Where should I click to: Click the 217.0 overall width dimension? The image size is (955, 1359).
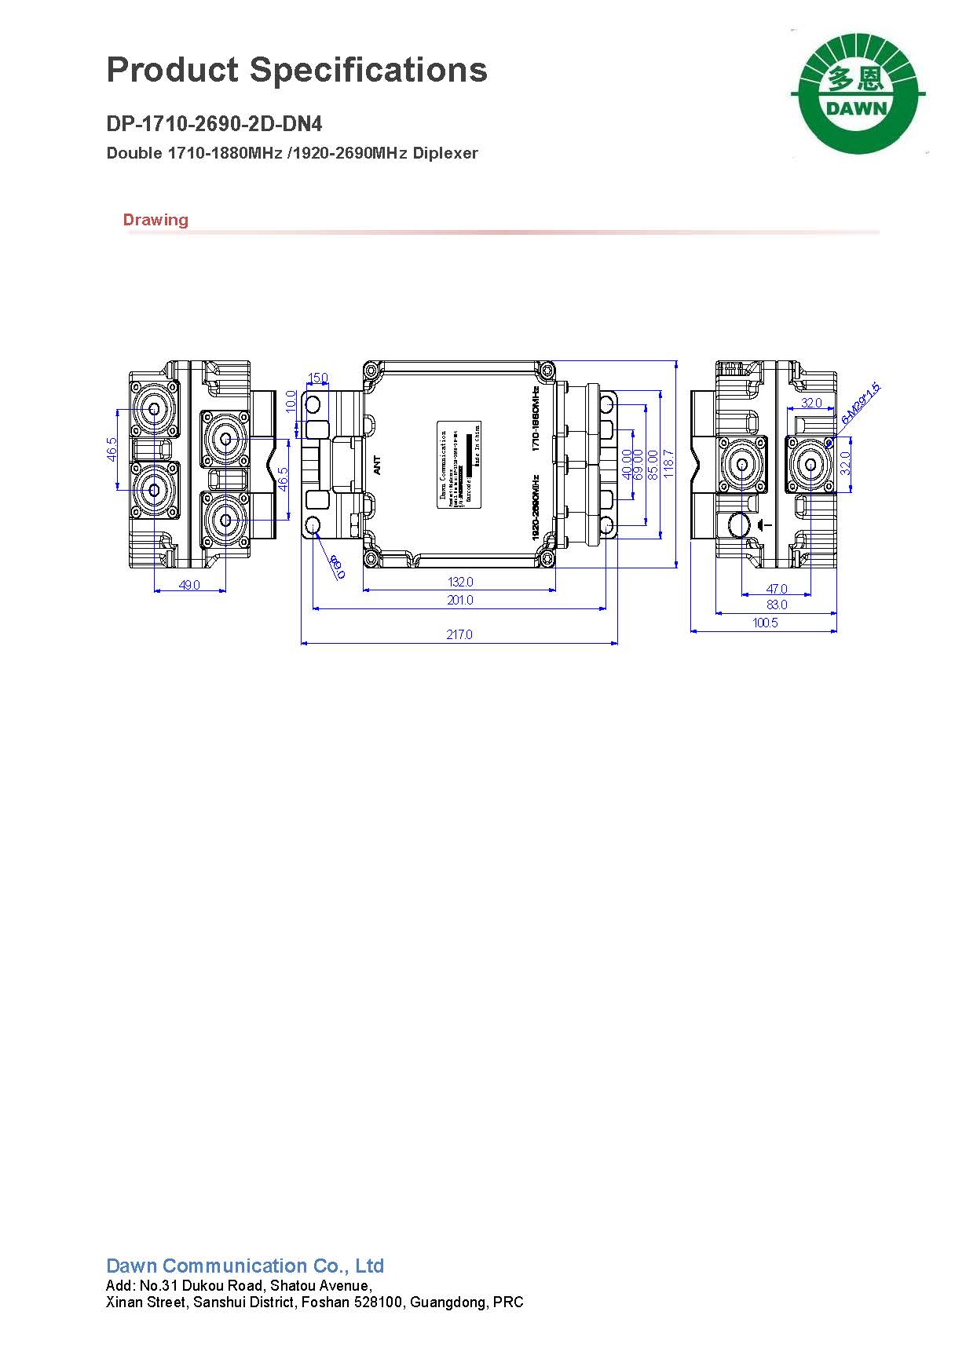[459, 634]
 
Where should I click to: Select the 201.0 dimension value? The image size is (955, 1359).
[460, 600]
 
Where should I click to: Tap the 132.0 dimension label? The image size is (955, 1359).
[460, 582]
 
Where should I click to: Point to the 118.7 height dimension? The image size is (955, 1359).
[668, 463]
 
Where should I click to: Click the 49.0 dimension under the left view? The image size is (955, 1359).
[190, 585]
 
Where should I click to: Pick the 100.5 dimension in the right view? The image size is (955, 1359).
[765, 623]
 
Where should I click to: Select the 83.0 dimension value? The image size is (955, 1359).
[776, 605]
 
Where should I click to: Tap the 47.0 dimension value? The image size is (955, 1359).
[776, 588]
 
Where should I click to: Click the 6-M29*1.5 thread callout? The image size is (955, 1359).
[861, 403]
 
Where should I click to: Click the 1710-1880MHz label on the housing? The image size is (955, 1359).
[536, 418]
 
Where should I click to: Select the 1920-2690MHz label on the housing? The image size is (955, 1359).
[536, 507]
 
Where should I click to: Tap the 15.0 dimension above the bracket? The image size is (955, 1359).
[317, 378]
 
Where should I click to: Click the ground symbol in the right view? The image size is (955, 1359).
[766, 524]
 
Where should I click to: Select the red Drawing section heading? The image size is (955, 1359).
[156, 220]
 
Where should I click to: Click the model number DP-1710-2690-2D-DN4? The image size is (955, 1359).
[214, 124]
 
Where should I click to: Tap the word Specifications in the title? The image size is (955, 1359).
[368, 70]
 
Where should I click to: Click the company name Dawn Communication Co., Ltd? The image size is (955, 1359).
[245, 1266]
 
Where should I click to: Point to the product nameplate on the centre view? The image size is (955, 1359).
[459, 464]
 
